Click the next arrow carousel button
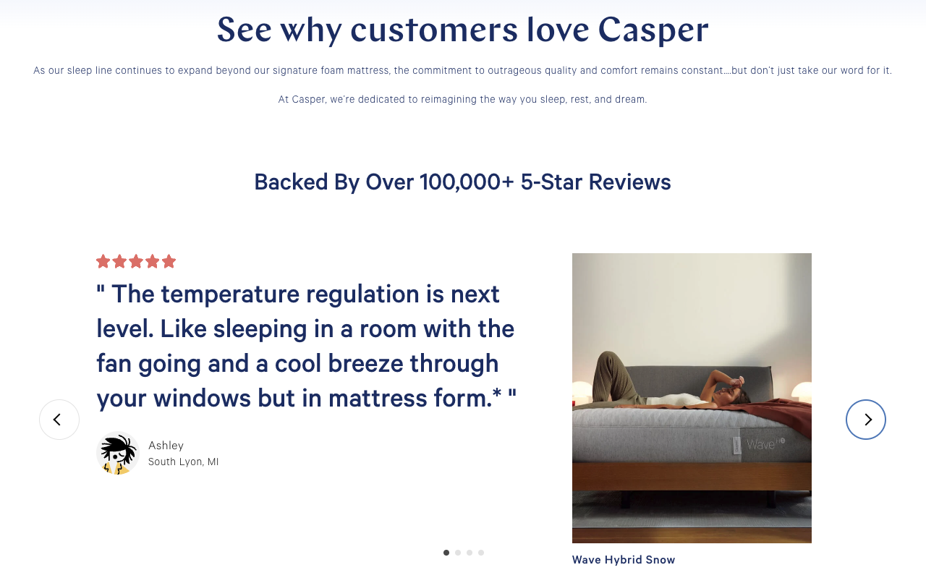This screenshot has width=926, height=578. (866, 420)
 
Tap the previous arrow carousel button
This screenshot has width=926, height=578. (59, 420)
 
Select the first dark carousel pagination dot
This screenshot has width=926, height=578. (446, 553)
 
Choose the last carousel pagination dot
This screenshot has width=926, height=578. (481, 553)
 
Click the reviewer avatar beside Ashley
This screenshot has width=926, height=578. (118, 453)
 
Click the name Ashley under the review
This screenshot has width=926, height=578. (166, 446)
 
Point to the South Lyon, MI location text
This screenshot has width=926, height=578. (183, 462)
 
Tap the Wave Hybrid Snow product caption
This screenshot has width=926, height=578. (624, 560)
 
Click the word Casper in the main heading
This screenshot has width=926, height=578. (653, 30)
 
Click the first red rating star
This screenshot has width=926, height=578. (103, 261)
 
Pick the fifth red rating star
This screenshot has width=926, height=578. (169, 261)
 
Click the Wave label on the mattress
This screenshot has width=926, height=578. (760, 445)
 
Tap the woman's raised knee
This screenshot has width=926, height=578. (608, 357)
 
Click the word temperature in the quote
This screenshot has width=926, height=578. (230, 294)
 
